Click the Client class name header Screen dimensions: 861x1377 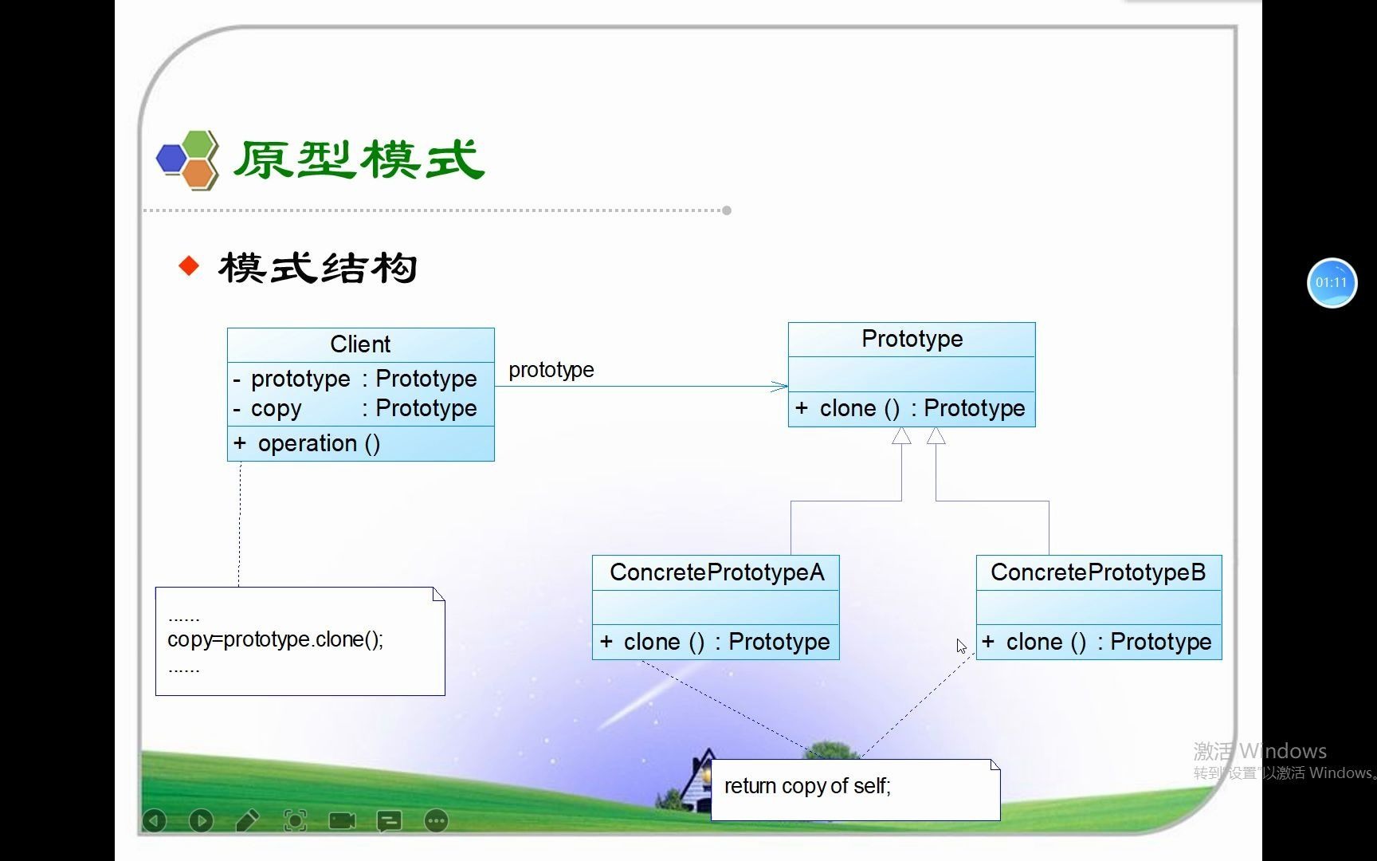360,344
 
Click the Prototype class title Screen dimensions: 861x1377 912,339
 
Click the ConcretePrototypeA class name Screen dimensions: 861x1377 716,572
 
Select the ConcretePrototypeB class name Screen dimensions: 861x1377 1098,572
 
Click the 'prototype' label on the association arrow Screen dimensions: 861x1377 551,370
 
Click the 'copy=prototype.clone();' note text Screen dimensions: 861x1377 275,639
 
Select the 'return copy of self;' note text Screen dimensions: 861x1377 806,786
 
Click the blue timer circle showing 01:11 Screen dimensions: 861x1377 1331,282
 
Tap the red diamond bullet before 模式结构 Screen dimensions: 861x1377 189,265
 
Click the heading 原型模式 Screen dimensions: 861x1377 358,159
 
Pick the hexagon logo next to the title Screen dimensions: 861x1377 188,159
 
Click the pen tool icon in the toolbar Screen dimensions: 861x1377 247,820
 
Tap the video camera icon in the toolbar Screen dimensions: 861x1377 342,820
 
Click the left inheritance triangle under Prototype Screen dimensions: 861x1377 901,435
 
